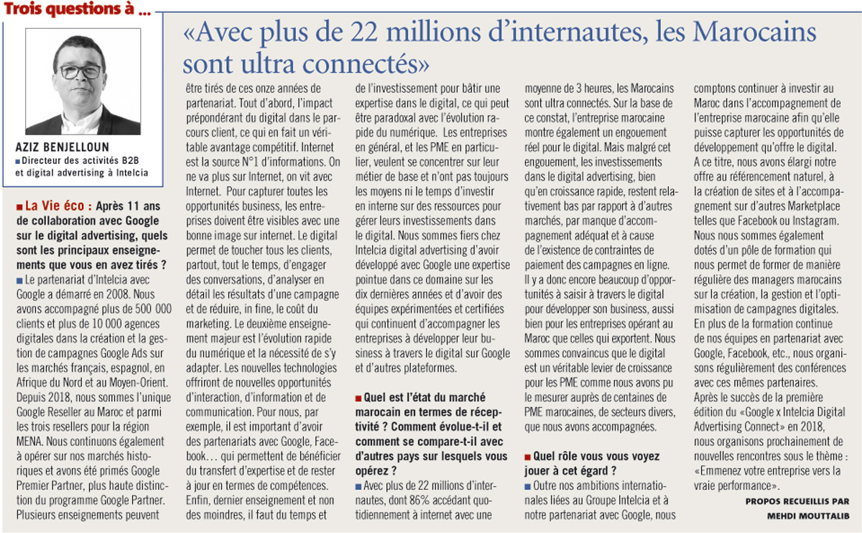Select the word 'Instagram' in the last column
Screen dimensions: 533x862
point(815,221)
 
